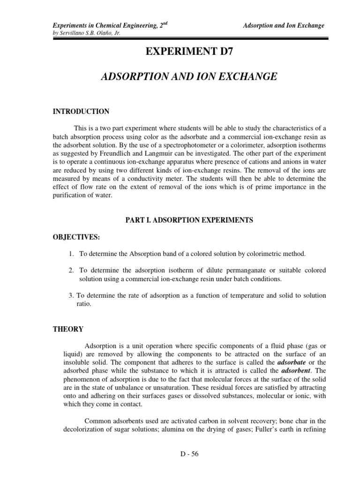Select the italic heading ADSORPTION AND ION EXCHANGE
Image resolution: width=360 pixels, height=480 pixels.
click(x=189, y=77)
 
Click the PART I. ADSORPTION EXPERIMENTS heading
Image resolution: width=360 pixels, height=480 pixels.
click(x=189, y=220)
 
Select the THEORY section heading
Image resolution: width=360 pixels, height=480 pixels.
click(x=67, y=329)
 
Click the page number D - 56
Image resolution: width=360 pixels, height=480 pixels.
click(x=189, y=454)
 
